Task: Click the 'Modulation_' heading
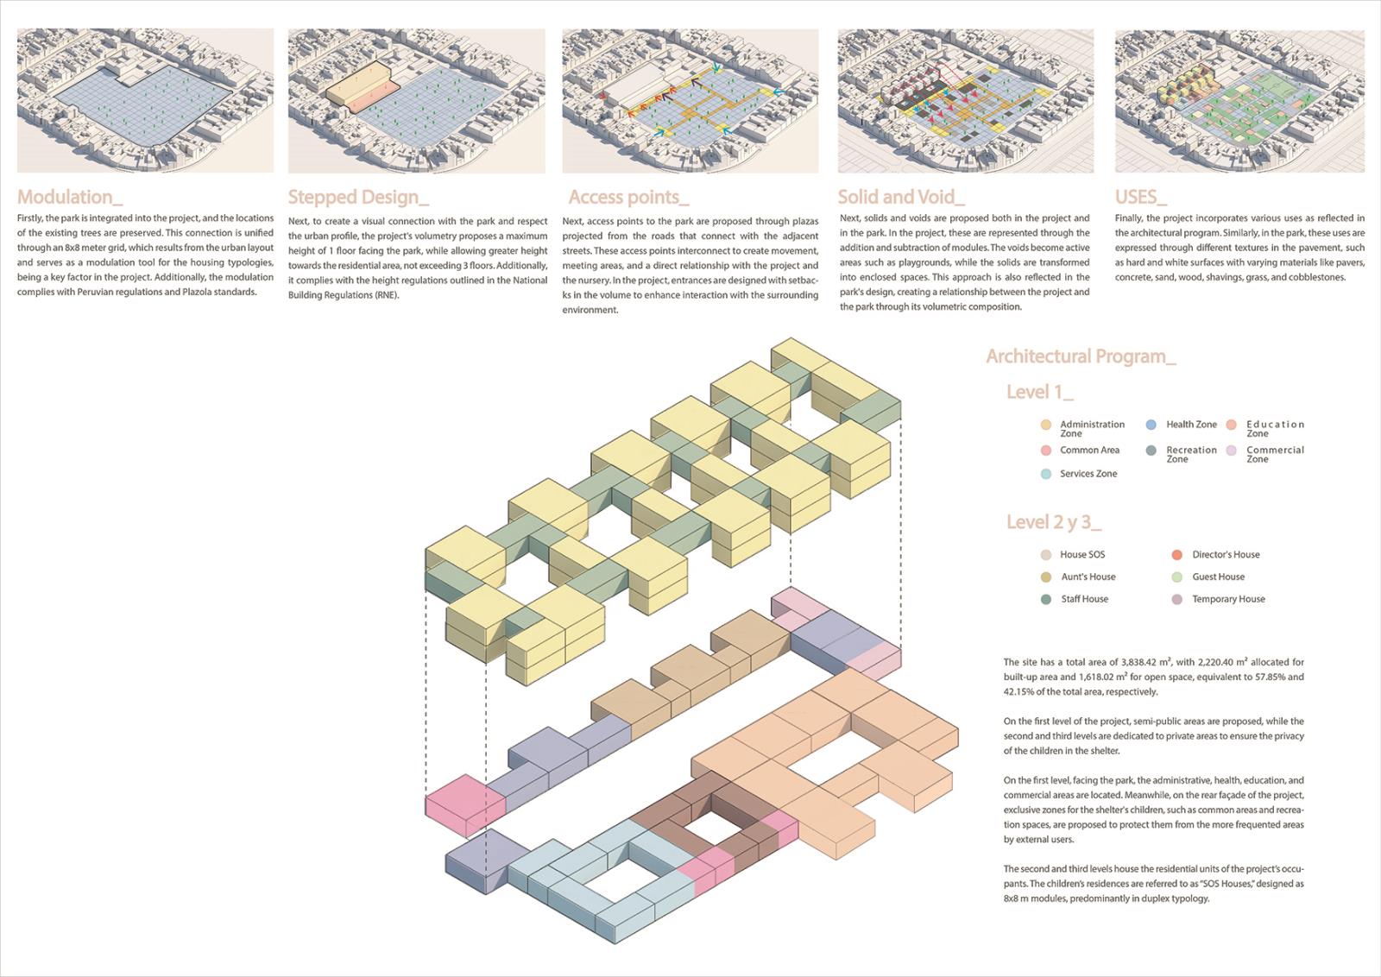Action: click(70, 197)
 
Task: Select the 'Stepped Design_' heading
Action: click(358, 198)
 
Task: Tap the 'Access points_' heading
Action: click(628, 198)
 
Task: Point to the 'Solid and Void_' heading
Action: click(901, 197)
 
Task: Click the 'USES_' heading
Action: click(1140, 197)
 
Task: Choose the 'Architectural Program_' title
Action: click(1081, 357)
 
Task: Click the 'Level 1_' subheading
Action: click(1039, 392)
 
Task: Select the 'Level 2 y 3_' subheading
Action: click(1054, 522)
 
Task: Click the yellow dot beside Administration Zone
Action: click(1045, 425)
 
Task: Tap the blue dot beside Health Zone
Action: click(1151, 425)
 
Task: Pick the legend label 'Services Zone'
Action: click(1088, 474)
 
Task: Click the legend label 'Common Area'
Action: click(1089, 450)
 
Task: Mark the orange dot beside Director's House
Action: click(1177, 555)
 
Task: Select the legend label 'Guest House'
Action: click(1218, 577)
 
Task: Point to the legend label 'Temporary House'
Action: click(1228, 599)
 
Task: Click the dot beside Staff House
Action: click(1045, 599)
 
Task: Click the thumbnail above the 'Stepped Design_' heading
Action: click(417, 100)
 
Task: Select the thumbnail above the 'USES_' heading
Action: click(1239, 100)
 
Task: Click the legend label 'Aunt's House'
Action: click(1088, 577)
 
